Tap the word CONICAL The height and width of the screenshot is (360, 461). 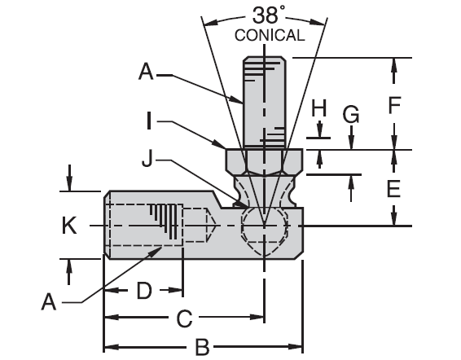point(269,35)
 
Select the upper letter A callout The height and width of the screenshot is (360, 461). point(146,72)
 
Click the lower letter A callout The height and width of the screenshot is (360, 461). point(50,302)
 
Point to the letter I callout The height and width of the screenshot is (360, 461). point(149,122)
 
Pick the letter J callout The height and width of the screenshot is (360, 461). point(147,160)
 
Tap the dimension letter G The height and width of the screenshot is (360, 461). point(350,114)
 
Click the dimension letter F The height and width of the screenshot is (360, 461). point(394,105)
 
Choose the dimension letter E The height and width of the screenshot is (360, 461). point(394,189)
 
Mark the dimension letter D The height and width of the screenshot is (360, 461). point(143,290)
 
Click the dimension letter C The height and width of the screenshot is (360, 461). point(184,317)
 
